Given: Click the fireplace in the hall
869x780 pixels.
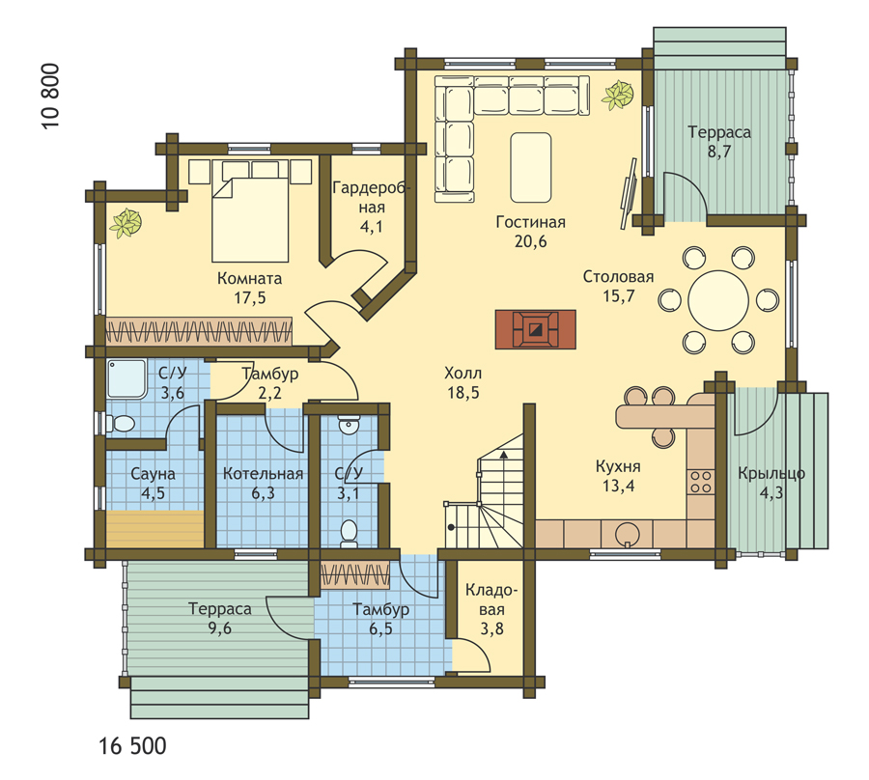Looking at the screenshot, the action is pos(535,329).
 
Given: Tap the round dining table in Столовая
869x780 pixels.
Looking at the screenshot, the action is pos(718,301).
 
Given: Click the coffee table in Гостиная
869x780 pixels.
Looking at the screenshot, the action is pos(531,167).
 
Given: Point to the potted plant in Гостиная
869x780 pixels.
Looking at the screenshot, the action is pos(618,96).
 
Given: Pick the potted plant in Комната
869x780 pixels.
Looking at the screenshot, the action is pos(126,223).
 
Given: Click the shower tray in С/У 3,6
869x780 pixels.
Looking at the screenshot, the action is pos(126,379).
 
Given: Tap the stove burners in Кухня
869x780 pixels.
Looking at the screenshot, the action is pos(701,482).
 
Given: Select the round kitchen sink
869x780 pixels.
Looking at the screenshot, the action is pos(628,535).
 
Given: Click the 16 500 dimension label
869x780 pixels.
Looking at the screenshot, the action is pos(133,746).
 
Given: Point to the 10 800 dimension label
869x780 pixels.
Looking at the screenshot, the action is pos(50,97).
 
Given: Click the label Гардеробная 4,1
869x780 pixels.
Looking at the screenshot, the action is pos(371,208).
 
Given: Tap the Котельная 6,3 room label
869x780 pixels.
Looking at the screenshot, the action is pos(263,483).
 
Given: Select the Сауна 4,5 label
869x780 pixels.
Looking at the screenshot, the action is pos(153,483).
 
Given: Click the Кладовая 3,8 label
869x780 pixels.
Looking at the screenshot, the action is pos(491,609).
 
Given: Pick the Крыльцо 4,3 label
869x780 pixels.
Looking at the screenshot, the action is pos(771,483).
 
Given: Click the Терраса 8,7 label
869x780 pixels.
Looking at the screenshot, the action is pos(719,141).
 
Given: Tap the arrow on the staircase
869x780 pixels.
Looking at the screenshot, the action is pos(504,455).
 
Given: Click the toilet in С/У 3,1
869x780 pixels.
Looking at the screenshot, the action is pos(349,533).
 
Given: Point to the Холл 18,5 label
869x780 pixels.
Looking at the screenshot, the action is pos(463,383).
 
